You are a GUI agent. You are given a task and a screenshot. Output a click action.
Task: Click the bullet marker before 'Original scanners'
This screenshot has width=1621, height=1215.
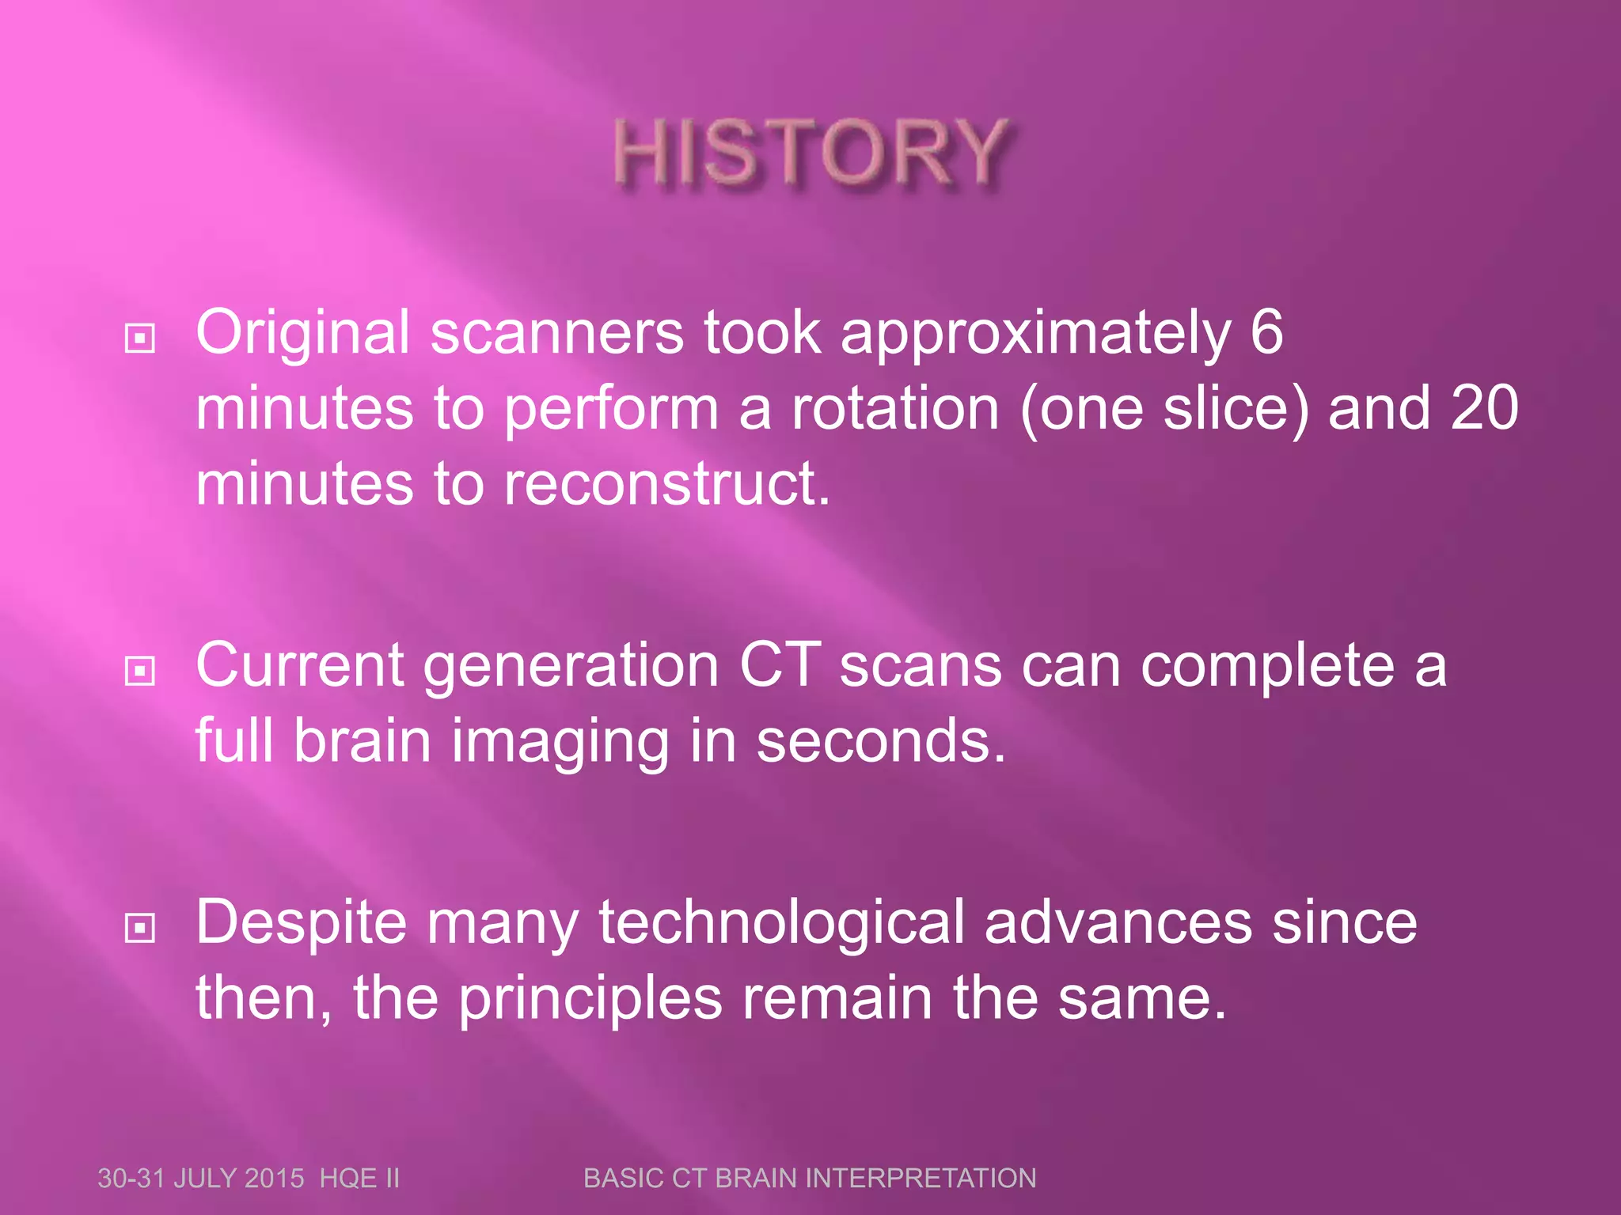tap(140, 339)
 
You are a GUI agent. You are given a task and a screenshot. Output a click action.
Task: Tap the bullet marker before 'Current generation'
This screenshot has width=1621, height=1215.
tap(140, 672)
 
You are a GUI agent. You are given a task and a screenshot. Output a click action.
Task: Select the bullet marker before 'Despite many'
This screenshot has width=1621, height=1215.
tap(140, 927)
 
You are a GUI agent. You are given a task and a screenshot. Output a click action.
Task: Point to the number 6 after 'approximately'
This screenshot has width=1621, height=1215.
tap(1266, 332)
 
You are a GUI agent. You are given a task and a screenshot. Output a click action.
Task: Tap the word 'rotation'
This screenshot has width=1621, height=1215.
tap(895, 408)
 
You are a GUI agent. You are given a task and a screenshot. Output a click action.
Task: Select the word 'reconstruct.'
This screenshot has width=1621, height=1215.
tap(667, 484)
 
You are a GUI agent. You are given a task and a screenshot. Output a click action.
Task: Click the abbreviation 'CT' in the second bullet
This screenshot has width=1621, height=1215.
tap(780, 665)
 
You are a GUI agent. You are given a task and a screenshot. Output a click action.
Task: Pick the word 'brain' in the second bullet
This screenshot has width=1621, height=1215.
tap(363, 741)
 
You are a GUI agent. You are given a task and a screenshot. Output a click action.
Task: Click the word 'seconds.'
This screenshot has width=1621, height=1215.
tap(881, 741)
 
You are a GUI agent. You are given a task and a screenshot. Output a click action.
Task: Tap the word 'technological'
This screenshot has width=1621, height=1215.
tap(781, 922)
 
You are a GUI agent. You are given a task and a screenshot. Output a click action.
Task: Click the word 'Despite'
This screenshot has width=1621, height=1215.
tap(301, 922)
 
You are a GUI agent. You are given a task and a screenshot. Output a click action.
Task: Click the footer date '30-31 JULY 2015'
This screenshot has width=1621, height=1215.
tap(200, 1178)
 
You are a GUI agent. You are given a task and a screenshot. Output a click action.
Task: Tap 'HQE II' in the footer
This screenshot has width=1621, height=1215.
tap(359, 1178)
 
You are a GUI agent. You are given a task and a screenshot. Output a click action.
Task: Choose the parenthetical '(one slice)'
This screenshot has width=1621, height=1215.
tap(1164, 408)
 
